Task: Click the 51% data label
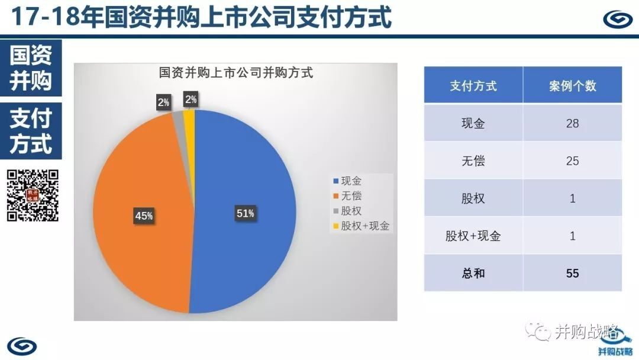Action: (246, 213)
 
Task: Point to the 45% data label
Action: (144, 216)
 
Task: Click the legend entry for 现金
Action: (347, 181)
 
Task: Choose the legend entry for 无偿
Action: (347, 196)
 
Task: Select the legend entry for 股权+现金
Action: (361, 226)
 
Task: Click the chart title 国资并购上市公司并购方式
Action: (235, 73)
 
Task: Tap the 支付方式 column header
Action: (473, 85)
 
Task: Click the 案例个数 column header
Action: (573, 85)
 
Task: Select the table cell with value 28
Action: (573, 123)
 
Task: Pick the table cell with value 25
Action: (573, 160)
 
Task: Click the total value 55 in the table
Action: (573, 273)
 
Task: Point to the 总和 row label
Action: (473, 273)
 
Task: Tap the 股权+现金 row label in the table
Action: (473, 236)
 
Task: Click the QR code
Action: (33, 195)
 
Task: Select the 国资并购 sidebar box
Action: (31, 67)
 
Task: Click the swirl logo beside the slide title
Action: (618, 19)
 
